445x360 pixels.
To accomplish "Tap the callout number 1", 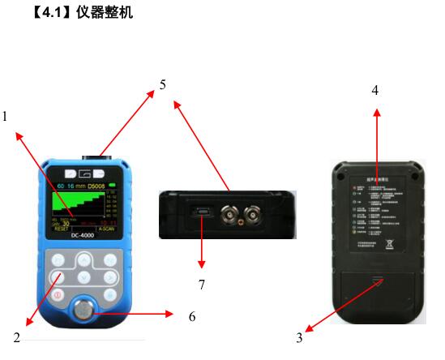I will tap(5, 116).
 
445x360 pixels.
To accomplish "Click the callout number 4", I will tap(375, 89).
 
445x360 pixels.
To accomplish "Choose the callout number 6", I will tap(192, 316).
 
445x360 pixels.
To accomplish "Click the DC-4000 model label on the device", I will tap(84, 238).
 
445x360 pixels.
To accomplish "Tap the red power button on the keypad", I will tap(58, 294).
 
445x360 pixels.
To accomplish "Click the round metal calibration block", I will tap(83, 311).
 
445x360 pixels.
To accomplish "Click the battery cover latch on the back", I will tap(376, 281).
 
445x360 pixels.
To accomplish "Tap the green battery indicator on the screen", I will tap(111, 186).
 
